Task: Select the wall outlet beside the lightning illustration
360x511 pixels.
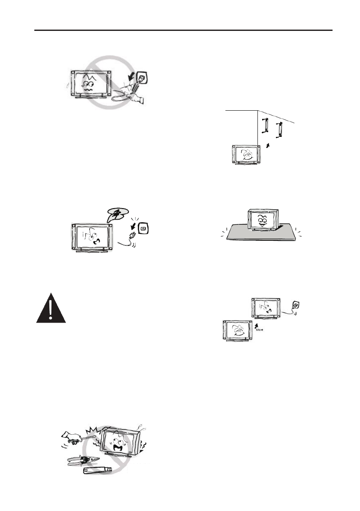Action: [144, 230]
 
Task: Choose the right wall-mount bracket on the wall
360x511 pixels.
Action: [280, 130]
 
